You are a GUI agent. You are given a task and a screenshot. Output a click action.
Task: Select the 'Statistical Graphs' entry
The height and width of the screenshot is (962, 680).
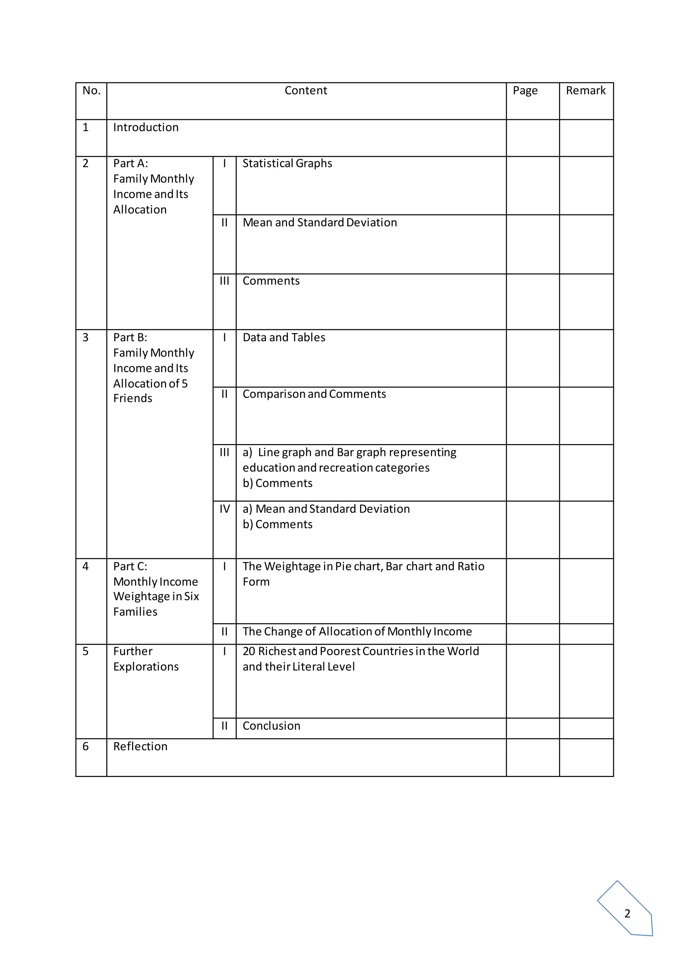287,163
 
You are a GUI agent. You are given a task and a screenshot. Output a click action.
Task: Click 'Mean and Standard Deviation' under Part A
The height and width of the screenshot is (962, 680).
319,223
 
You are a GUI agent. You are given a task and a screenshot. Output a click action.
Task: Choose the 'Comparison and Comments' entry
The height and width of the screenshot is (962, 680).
314,394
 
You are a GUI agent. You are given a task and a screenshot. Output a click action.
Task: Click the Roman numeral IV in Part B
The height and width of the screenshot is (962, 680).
224,509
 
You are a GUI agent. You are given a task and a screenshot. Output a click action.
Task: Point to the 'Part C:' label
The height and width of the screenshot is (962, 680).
130,566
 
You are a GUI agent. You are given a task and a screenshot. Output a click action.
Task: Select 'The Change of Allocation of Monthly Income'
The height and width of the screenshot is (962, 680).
357,631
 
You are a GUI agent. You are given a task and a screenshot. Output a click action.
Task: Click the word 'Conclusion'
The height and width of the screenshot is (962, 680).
271,726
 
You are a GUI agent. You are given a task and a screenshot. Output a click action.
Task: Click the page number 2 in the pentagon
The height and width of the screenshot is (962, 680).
627,914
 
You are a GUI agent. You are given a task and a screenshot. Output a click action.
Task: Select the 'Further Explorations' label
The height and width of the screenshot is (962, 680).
146,659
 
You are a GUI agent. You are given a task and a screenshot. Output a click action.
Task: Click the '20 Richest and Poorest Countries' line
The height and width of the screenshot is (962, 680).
361,651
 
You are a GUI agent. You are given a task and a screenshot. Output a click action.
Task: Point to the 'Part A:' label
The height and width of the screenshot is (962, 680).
130,163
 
